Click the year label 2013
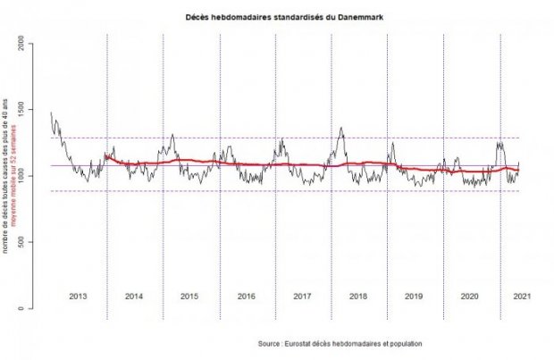coord(79,295)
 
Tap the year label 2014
coord(135,295)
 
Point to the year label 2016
coord(247,295)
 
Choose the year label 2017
coord(302,295)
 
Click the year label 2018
coord(358,295)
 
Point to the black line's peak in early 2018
coord(341,128)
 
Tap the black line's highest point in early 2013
coord(51,113)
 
